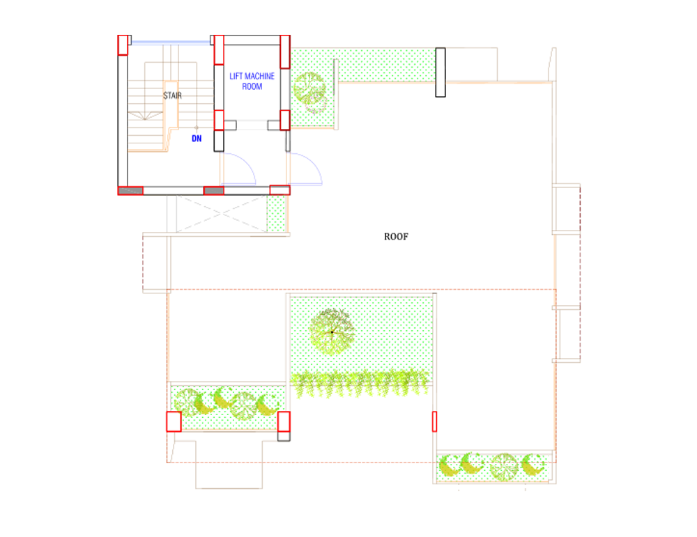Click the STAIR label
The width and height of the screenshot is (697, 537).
click(172, 95)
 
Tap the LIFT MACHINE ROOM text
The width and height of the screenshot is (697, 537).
click(252, 81)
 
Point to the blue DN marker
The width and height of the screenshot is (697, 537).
click(197, 139)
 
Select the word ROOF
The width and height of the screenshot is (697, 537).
click(396, 237)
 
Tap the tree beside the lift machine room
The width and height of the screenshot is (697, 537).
click(309, 89)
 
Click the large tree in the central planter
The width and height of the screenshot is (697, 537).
click(332, 332)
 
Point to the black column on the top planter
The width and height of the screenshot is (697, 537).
click(441, 72)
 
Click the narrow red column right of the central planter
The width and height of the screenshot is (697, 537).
click(434, 421)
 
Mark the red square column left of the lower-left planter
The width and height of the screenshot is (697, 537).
click(174, 421)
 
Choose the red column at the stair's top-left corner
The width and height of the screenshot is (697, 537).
click(123, 45)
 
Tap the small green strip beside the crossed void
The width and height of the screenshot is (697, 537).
click(277, 214)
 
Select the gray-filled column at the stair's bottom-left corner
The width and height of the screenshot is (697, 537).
click(130, 190)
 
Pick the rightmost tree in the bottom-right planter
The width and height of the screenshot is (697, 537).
click(535, 465)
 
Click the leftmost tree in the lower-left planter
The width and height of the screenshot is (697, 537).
click(185, 402)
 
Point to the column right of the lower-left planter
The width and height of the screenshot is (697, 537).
click(284, 425)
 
